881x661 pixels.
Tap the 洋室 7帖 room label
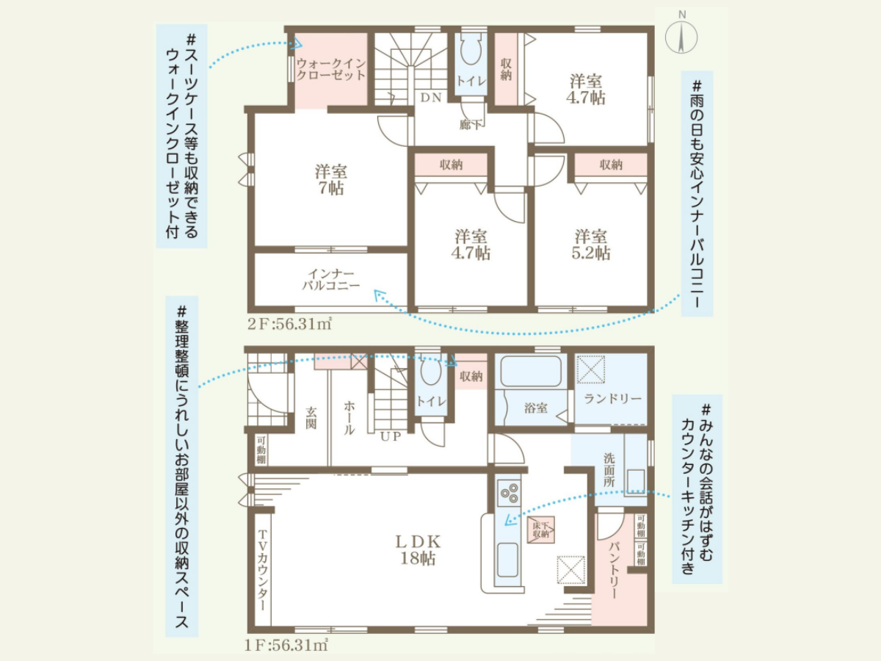coord(331,179)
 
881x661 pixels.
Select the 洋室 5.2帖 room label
coord(591,245)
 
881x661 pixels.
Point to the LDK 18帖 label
coord(418,550)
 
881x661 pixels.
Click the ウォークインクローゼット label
coord(331,69)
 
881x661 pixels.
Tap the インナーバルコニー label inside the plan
coord(331,280)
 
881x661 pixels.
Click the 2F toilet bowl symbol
coord(471,51)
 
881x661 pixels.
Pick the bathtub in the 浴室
coord(530,371)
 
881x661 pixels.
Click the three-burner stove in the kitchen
coord(509,493)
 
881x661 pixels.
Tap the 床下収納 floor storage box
coord(540,530)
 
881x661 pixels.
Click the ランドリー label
coord(613,399)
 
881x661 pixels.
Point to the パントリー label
coord(614,571)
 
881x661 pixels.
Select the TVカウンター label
coord(262,571)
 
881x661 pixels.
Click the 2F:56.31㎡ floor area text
coord(289,324)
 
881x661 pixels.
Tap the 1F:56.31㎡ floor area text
coord(286,646)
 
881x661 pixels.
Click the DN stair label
coord(431,98)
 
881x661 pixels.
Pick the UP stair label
coord(391,437)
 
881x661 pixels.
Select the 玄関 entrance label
coord(311,418)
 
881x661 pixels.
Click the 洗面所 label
coord(609,470)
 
